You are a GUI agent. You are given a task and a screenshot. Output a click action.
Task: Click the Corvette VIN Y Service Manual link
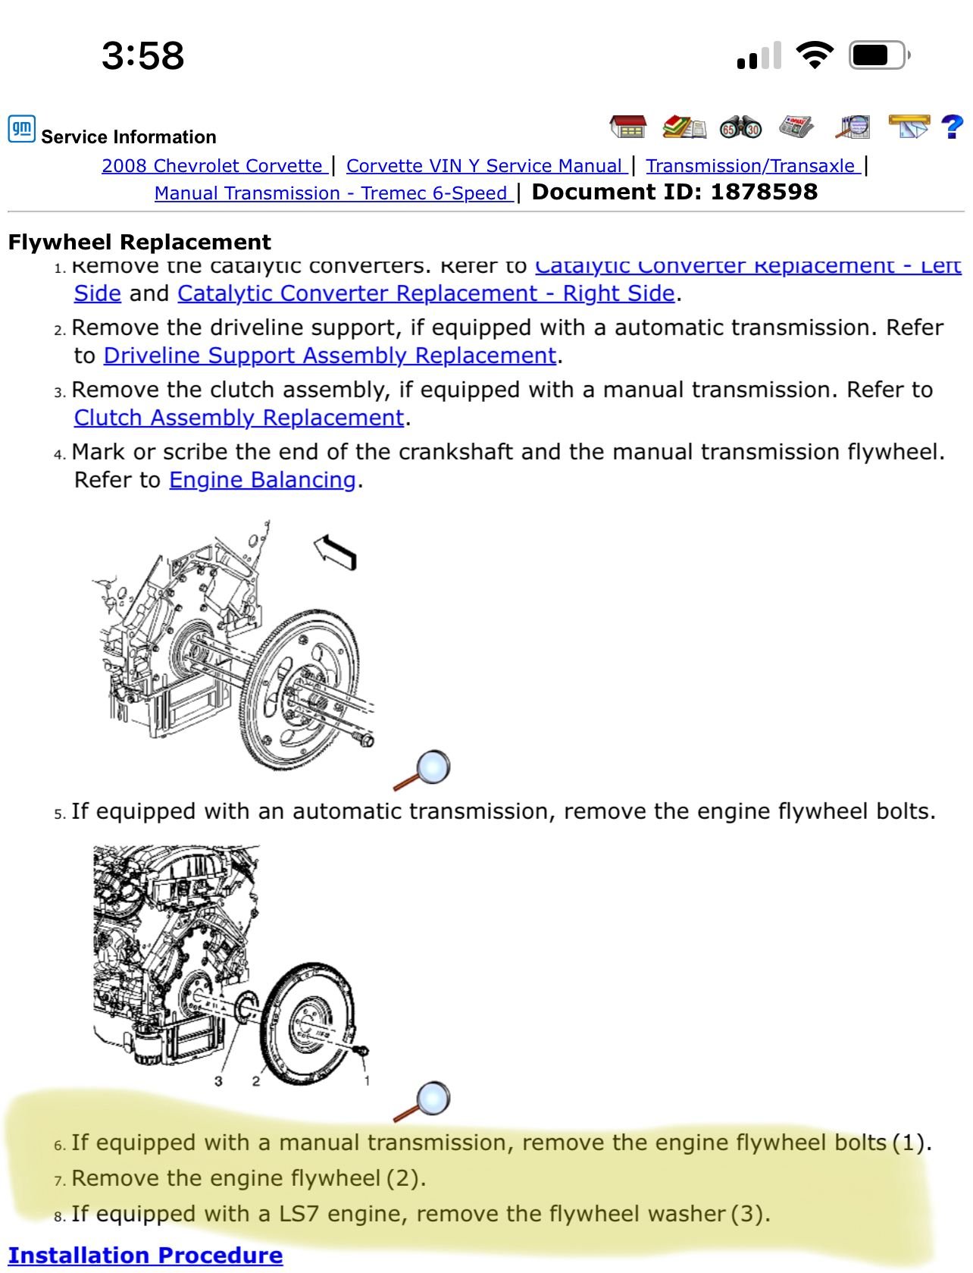485,166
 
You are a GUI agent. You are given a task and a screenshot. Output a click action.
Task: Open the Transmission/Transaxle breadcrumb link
752,166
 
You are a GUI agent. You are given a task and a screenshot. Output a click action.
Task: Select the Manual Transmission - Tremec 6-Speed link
332,193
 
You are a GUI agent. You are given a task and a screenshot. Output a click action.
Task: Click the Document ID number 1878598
764,192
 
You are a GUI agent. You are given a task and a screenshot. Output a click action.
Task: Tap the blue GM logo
21,129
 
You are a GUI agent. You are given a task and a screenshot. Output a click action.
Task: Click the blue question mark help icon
952,127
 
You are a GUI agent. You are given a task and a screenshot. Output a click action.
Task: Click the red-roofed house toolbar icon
628,127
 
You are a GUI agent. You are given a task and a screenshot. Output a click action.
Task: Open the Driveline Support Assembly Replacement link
330,356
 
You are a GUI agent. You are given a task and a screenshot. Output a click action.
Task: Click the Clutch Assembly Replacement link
239,418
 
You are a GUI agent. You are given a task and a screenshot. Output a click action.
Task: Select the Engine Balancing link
262,480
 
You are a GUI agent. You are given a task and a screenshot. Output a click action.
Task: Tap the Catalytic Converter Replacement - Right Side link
426,293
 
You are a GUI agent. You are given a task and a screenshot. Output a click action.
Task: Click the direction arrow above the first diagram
336,550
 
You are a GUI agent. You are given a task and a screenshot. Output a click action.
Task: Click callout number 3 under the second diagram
218,1081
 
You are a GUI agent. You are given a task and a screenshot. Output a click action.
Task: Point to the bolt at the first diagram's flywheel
364,739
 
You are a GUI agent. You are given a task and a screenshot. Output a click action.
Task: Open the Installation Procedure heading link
145,1256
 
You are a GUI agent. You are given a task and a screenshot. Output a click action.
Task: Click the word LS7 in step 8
299,1215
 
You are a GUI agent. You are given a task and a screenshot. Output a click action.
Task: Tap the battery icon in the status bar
878,55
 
